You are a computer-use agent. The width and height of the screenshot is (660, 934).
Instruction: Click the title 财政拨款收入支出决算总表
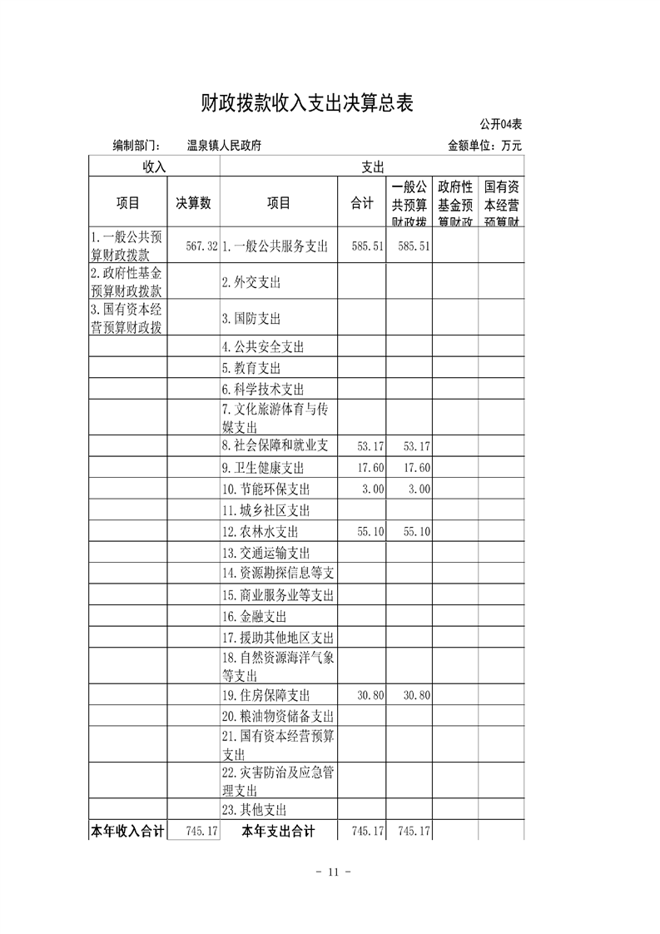point(307,103)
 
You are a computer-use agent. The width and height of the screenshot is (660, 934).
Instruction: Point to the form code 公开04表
point(500,125)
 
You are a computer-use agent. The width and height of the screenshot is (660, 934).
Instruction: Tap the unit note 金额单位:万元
point(484,146)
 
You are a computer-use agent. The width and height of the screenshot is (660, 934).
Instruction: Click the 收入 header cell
point(154,166)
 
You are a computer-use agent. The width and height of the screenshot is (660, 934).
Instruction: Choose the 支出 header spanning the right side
point(372,166)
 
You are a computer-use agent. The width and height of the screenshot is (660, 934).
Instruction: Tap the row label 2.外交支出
point(251,282)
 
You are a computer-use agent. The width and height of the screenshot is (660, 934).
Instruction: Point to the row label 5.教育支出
point(251,368)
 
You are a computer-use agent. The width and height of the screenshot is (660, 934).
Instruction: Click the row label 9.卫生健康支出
point(263,468)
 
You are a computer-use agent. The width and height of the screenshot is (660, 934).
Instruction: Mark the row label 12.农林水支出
point(260,531)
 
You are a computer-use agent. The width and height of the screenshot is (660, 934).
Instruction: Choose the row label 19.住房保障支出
point(265,695)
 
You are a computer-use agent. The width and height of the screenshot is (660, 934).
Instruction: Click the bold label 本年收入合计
point(128,831)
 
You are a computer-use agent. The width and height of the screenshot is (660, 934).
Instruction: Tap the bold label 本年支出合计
point(278,831)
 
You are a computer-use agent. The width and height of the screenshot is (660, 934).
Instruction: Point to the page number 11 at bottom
point(330,872)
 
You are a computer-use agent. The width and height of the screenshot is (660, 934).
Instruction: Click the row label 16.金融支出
point(254,617)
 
